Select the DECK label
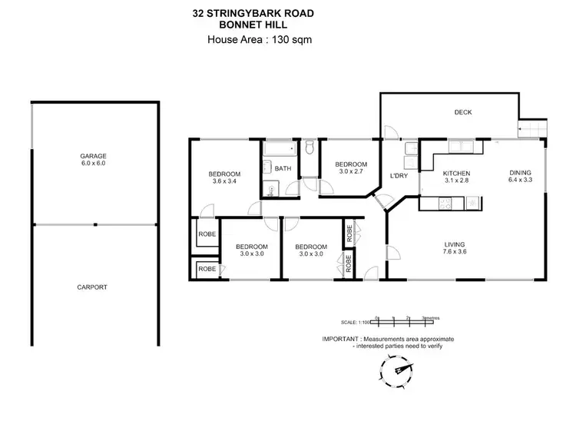(462, 112)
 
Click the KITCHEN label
(456, 174)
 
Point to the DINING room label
(520, 173)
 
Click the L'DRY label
(399, 177)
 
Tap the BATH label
(283, 169)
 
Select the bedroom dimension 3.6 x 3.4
(225, 182)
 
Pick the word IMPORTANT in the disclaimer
(340, 339)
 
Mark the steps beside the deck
(531, 129)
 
